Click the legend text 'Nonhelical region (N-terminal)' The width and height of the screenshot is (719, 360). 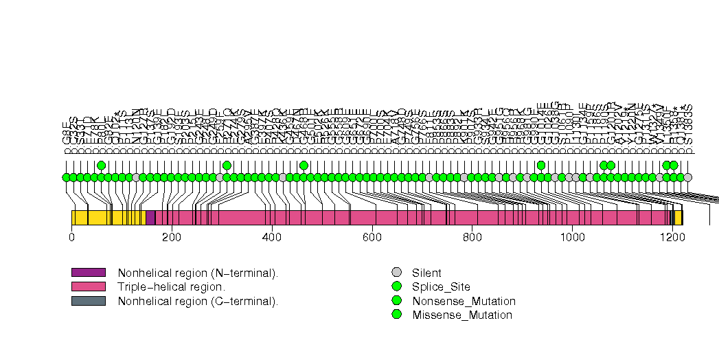[198, 273]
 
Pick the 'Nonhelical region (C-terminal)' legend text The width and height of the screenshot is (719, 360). [198, 301]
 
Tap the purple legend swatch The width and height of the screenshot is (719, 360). [89, 273]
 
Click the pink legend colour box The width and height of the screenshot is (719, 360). [89, 286]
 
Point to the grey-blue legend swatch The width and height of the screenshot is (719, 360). [89, 300]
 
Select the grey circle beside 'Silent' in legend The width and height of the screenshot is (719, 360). [396, 273]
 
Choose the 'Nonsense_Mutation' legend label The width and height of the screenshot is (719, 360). [464, 301]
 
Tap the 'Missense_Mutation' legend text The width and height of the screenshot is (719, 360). [462, 315]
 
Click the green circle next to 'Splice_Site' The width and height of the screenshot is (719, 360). [396, 286]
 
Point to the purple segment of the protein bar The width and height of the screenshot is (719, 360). [150, 218]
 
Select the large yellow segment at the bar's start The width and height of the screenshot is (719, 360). [108, 218]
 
